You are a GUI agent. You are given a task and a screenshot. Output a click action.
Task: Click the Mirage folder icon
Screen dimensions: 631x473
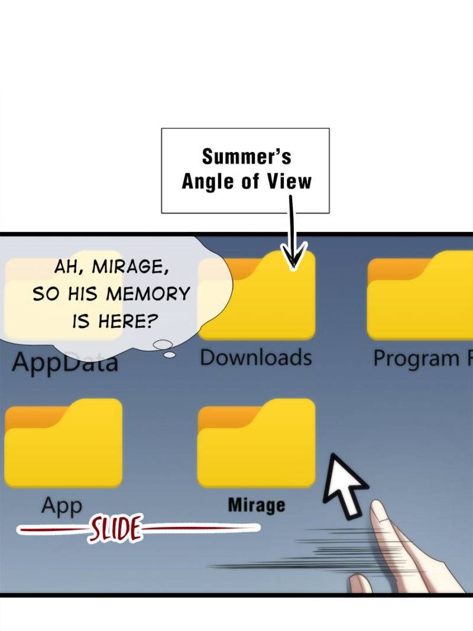(x=256, y=444)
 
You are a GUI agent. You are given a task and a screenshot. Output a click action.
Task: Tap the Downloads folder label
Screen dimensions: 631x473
(x=255, y=358)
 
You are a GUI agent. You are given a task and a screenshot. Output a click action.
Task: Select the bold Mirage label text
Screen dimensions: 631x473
(x=256, y=506)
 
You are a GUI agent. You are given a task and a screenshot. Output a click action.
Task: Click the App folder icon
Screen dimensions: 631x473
(x=63, y=444)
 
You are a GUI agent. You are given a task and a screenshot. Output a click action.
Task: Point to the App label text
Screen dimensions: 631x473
(x=61, y=506)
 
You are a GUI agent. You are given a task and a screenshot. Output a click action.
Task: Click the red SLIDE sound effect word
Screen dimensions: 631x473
(x=116, y=529)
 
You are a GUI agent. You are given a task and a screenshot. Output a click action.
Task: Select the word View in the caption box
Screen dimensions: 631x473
(x=288, y=181)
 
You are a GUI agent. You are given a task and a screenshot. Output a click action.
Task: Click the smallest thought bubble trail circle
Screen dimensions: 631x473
(x=170, y=355)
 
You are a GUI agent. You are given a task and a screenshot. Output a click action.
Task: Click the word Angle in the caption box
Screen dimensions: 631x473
(x=207, y=181)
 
